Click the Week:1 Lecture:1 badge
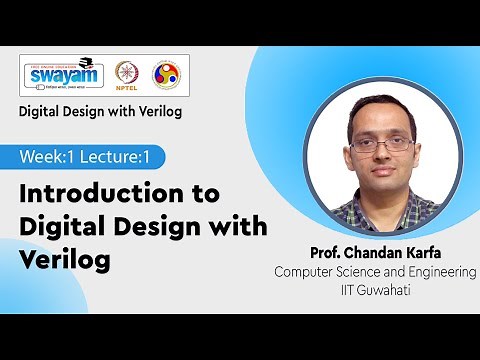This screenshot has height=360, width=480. pyautogui.click(x=91, y=157)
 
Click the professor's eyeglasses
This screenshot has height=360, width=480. pyautogui.click(x=381, y=143)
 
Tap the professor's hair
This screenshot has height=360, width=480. pyautogui.click(x=381, y=105)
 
